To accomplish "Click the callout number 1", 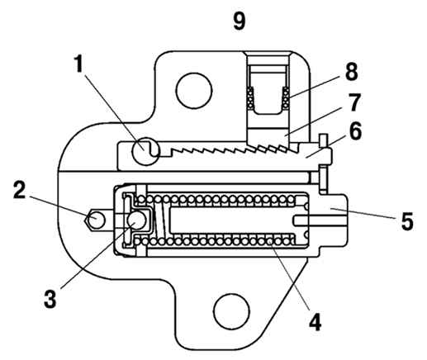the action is pos(79,64).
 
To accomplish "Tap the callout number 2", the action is pos(19,190).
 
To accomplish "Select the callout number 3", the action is pos(50,299).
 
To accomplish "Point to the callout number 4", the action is pos(316,322).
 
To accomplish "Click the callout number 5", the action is pos(407,221).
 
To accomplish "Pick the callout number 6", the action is pos(355,131).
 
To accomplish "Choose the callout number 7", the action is pos(354,102).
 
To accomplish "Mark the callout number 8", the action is pos(352,72).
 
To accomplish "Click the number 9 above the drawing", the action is pos(239,21).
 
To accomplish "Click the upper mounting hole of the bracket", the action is pos(194,91).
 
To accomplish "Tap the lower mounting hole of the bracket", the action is pos(231,311).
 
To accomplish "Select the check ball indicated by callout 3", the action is pos(137,220).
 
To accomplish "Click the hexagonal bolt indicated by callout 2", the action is pos(95,220).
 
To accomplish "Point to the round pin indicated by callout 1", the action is pos(145,151).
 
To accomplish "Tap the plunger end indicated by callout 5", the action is pos(332,220).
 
